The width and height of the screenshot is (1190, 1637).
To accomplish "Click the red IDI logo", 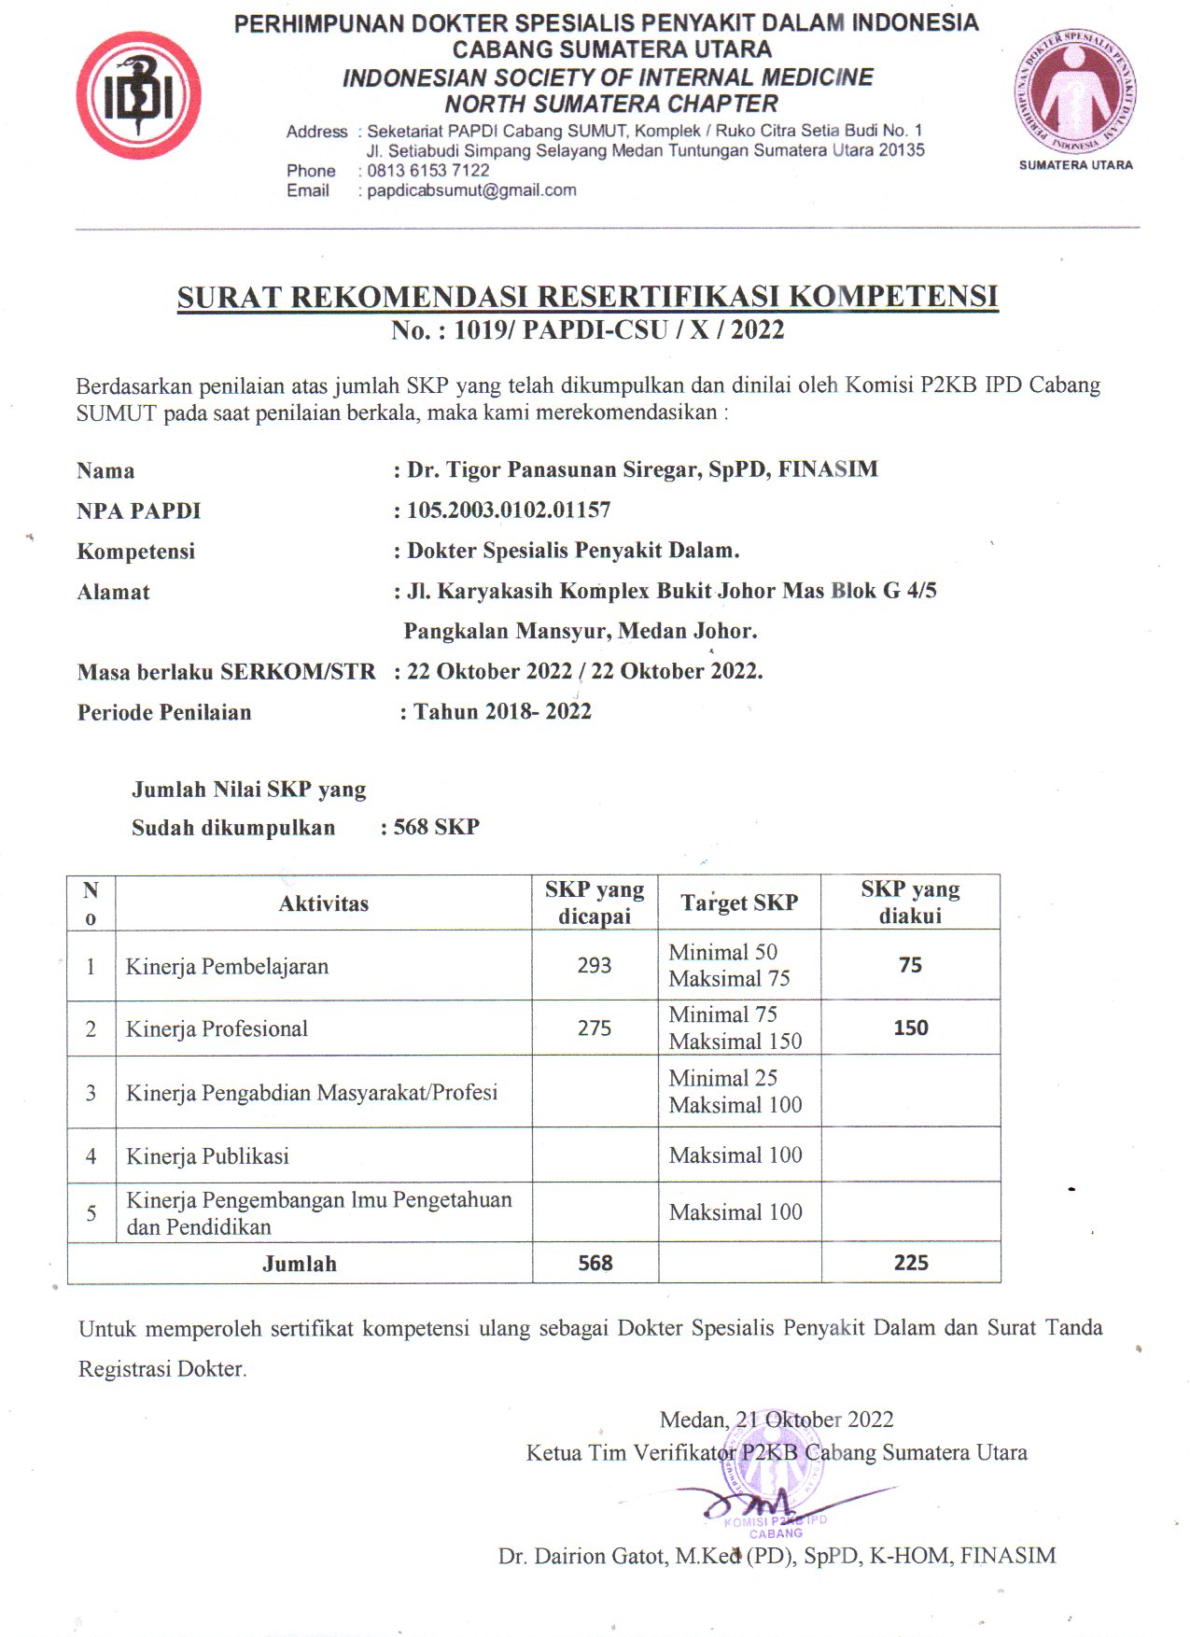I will (x=138, y=96).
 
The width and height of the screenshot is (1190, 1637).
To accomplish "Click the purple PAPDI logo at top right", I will (x=1075, y=91).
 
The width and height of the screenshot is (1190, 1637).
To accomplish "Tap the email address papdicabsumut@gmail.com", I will (x=471, y=190).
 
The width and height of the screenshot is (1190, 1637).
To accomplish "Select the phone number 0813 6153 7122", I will (x=427, y=170).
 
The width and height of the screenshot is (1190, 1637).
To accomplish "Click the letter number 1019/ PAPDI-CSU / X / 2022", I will (x=618, y=329).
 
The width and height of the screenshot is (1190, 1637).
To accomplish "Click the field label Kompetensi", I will (x=136, y=551).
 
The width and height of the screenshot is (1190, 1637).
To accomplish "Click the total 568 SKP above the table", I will (x=436, y=827).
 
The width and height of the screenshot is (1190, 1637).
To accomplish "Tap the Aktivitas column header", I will (x=323, y=903).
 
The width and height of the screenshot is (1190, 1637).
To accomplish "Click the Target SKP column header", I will (x=739, y=902).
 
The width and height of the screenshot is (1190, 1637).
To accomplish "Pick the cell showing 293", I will (x=595, y=965).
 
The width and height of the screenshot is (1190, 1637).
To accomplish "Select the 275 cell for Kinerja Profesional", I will (x=595, y=1028).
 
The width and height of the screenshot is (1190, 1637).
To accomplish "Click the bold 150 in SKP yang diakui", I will (x=910, y=1028).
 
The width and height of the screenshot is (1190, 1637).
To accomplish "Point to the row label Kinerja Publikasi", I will (x=207, y=1156).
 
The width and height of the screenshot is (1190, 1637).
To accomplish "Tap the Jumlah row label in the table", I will (x=299, y=1264).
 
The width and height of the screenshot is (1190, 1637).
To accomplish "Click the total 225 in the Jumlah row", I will (x=910, y=1263).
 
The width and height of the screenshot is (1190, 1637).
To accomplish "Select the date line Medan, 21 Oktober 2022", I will (x=777, y=1420).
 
